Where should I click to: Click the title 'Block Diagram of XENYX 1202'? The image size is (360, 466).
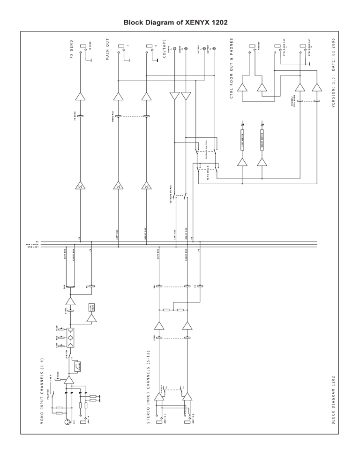(x=180, y=22)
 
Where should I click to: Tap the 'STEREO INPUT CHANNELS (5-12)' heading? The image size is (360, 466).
(x=149, y=386)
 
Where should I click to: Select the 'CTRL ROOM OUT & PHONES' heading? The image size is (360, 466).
(x=232, y=72)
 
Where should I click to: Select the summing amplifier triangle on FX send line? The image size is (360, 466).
(x=80, y=186)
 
